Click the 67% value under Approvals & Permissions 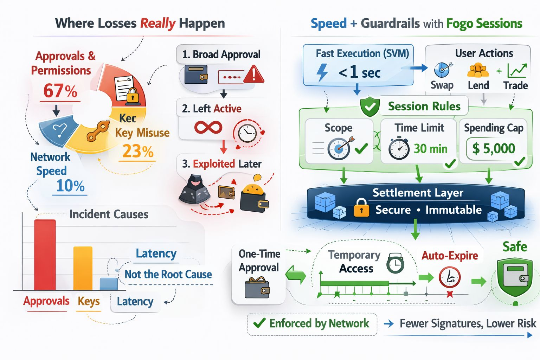(60, 91)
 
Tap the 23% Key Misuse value (138, 152)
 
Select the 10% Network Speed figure (70, 185)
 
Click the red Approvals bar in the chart (45, 255)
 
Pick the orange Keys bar (83, 268)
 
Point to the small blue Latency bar (109, 284)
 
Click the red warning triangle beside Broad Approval (253, 75)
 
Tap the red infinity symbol (208, 127)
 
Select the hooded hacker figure (195, 189)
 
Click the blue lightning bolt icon (322, 72)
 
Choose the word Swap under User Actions (442, 85)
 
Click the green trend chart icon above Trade (517, 71)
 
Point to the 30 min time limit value (430, 149)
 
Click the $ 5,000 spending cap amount (494, 148)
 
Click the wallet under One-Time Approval (257, 287)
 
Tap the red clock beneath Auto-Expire (449, 277)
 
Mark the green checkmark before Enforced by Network (259, 323)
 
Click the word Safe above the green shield (514, 246)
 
